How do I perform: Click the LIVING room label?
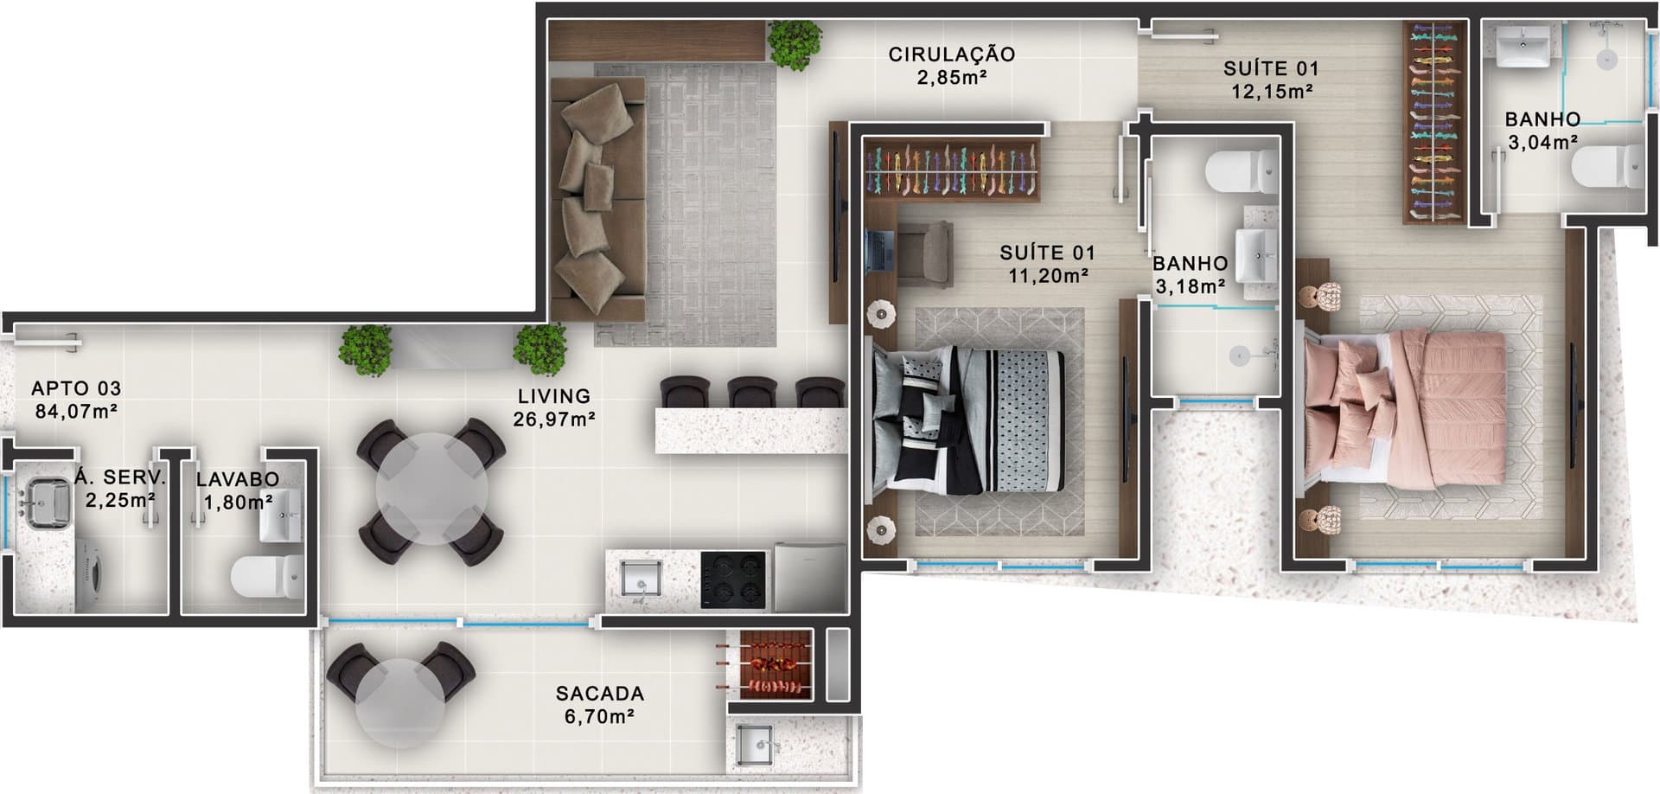click(554, 396)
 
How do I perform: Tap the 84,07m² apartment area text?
click(76, 412)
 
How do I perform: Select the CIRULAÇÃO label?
click(952, 54)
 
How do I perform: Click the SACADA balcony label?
click(600, 694)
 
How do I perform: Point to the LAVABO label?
click(238, 479)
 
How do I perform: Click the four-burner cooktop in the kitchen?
click(733, 579)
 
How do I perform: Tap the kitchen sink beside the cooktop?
click(642, 579)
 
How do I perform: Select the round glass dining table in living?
click(431, 489)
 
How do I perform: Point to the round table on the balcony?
click(400, 703)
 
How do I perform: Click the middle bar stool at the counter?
click(752, 392)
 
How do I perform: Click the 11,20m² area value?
click(1047, 276)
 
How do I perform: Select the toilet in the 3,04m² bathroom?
click(1609, 167)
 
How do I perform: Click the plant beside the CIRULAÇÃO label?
click(795, 45)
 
